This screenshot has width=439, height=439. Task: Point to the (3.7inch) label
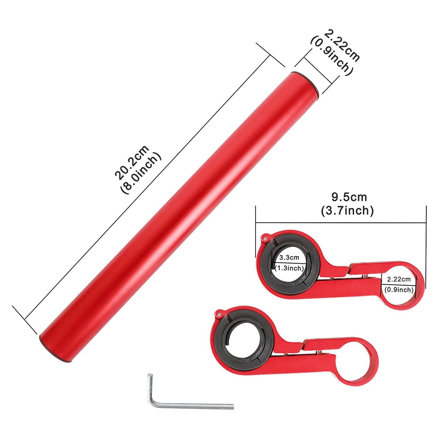tap(347, 211)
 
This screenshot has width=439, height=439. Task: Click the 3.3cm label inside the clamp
tap(289, 258)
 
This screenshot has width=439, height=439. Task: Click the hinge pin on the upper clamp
tap(265, 238)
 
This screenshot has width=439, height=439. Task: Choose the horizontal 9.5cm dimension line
tap(341, 223)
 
